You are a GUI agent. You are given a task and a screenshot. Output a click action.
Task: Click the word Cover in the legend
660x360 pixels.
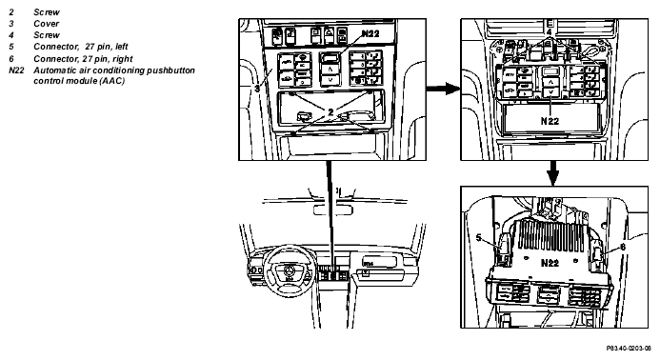[46, 24]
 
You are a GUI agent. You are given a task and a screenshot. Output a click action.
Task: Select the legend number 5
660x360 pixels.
[11, 47]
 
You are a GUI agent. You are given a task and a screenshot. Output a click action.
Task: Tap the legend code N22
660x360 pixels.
[16, 70]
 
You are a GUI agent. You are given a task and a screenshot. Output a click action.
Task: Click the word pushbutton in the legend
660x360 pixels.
[170, 70]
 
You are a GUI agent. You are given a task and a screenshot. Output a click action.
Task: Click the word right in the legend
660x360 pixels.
[123, 59]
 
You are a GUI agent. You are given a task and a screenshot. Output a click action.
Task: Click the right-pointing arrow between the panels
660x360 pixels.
[443, 89]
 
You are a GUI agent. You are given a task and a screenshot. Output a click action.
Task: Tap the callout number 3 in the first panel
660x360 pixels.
[257, 89]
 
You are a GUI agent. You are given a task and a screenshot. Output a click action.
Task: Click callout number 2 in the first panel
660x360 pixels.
[330, 112]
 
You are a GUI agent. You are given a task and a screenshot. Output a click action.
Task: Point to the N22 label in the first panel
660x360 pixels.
[370, 33]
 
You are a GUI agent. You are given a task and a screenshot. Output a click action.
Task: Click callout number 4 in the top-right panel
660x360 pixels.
[549, 31]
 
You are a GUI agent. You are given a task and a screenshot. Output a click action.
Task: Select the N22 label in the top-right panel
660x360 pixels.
[550, 121]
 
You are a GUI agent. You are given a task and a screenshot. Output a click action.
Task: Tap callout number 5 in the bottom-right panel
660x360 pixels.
[478, 238]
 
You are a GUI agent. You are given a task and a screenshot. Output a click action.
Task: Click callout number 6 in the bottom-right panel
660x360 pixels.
[623, 248]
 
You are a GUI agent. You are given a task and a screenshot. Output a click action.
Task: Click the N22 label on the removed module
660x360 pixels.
[550, 263]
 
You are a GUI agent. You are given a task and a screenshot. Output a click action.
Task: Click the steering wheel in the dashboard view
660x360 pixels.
[290, 267]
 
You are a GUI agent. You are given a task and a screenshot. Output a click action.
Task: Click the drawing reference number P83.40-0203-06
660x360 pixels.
[629, 349]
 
